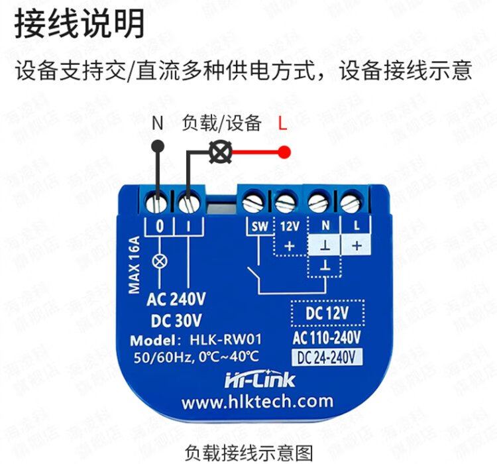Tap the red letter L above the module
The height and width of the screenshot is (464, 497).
283,124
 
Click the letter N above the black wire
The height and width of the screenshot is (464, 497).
158,124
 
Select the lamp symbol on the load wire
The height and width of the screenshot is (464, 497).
217,153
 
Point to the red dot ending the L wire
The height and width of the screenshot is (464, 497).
284,153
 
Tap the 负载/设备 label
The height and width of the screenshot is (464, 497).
221,124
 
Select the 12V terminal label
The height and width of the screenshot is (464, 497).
289,225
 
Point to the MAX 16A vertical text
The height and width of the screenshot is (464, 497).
134,263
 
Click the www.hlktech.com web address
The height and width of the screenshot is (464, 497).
256,402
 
